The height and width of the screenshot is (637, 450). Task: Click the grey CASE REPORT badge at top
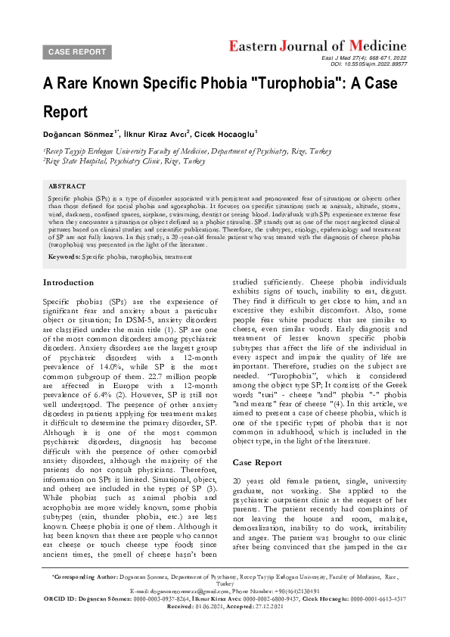click(77, 51)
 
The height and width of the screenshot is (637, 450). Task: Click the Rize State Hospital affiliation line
click(124, 161)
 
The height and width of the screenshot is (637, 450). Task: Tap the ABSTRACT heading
click(67, 185)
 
